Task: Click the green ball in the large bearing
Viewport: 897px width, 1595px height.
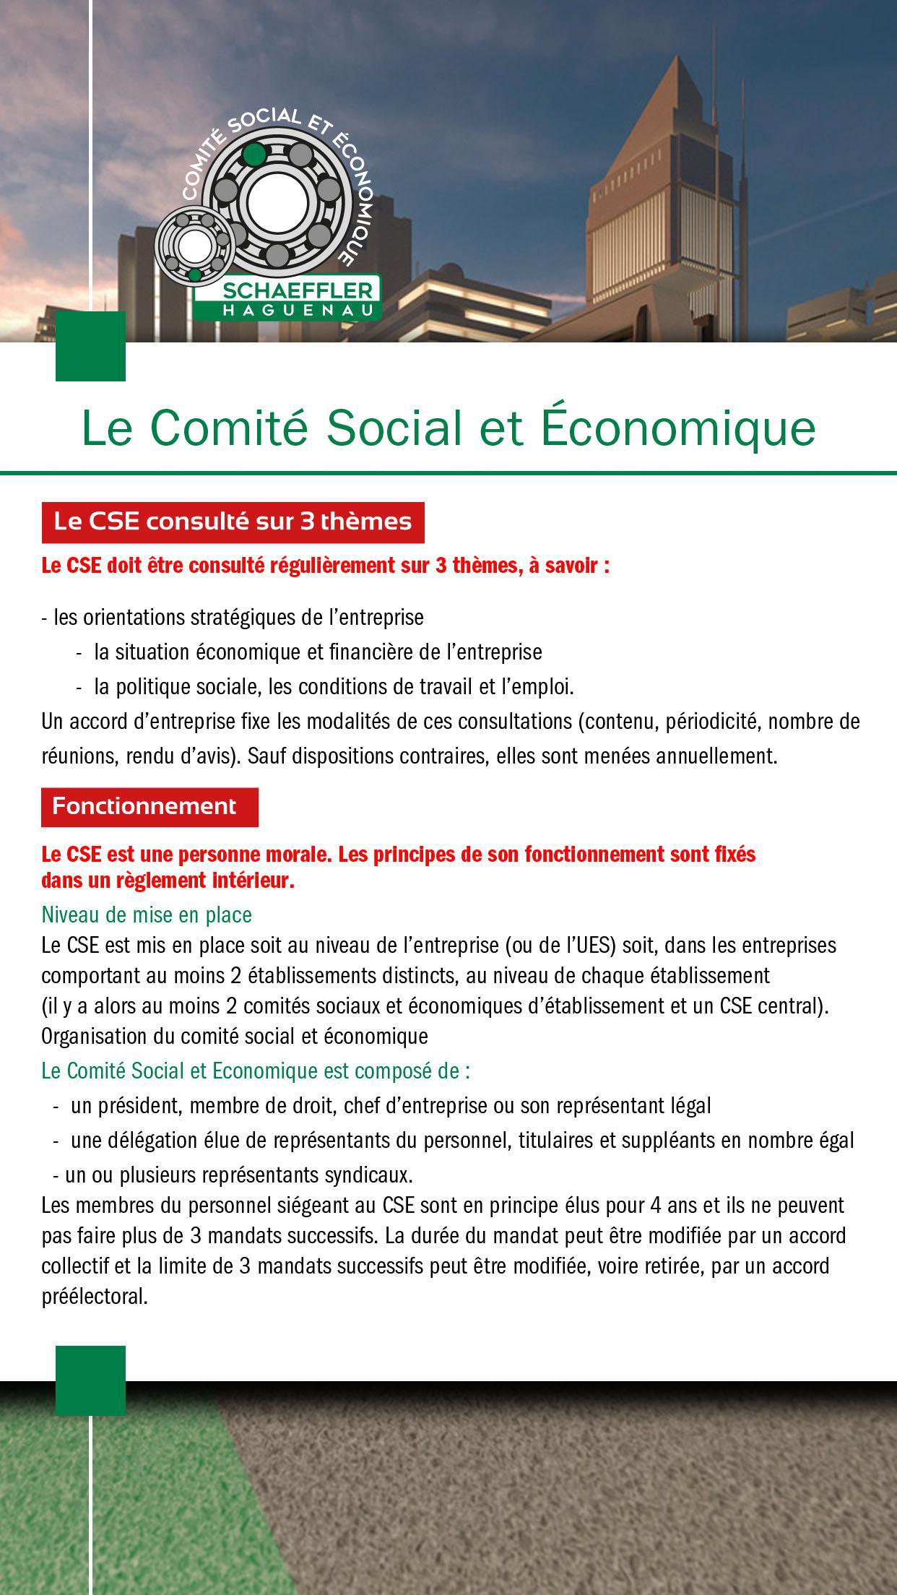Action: [x=253, y=154]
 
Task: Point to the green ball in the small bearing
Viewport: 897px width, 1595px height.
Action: [x=194, y=275]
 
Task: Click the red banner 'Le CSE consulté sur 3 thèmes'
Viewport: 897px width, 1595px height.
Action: [x=233, y=522]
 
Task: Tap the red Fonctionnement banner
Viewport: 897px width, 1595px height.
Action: [x=149, y=806]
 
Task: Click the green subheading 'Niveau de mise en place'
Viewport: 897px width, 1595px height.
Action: [x=147, y=915]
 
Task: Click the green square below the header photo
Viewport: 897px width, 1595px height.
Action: [x=90, y=346]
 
